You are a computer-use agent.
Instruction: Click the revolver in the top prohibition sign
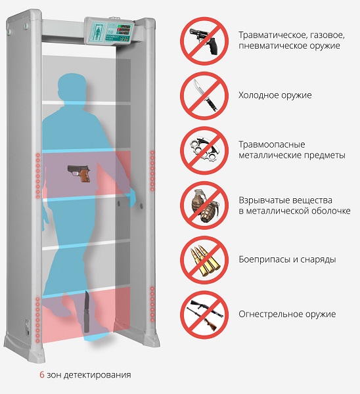204,40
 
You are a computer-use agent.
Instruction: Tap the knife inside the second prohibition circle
205,96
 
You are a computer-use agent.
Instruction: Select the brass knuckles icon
204,149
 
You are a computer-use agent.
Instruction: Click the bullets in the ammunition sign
204,261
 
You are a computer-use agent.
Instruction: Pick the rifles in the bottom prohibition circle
204,315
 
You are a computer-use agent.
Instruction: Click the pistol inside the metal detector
79,173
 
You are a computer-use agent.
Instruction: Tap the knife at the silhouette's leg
87,311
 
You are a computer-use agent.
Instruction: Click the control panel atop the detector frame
109,32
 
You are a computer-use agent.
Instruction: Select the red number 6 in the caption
42,375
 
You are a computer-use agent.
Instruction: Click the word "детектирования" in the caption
97,376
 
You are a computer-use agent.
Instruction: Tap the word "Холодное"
258,95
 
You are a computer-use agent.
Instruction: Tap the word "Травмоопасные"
272,144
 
